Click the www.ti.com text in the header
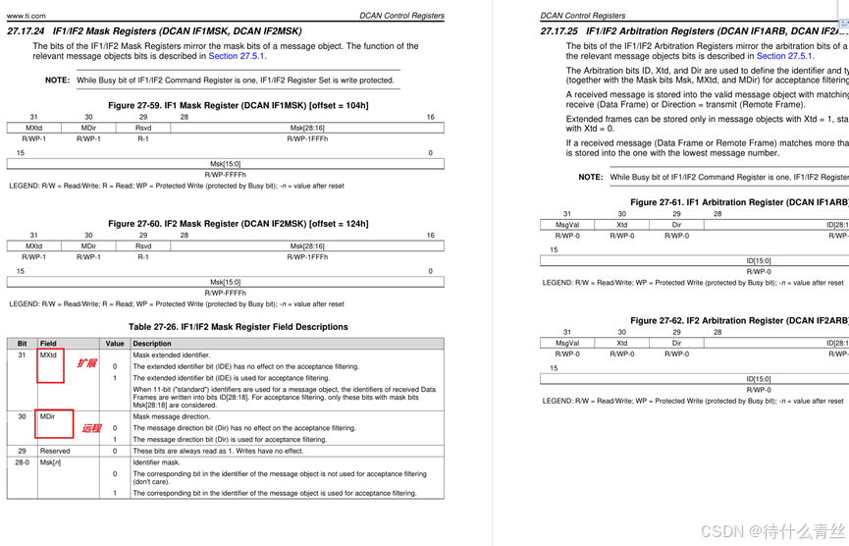click(26, 16)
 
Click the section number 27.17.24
click(26, 31)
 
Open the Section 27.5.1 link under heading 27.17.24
click(236, 56)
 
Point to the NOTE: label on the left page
click(57, 81)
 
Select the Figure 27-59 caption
click(239, 105)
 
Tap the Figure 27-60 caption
click(239, 224)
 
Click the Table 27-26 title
click(238, 327)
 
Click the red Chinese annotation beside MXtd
click(86, 363)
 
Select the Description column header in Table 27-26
click(152, 344)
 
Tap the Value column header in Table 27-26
click(115, 344)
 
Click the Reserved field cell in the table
click(55, 451)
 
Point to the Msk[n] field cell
click(51, 462)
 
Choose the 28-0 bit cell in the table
click(22, 462)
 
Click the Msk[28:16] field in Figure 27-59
click(307, 128)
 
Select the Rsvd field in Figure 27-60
click(143, 246)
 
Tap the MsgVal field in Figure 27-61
click(566, 225)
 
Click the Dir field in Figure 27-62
click(676, 343)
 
